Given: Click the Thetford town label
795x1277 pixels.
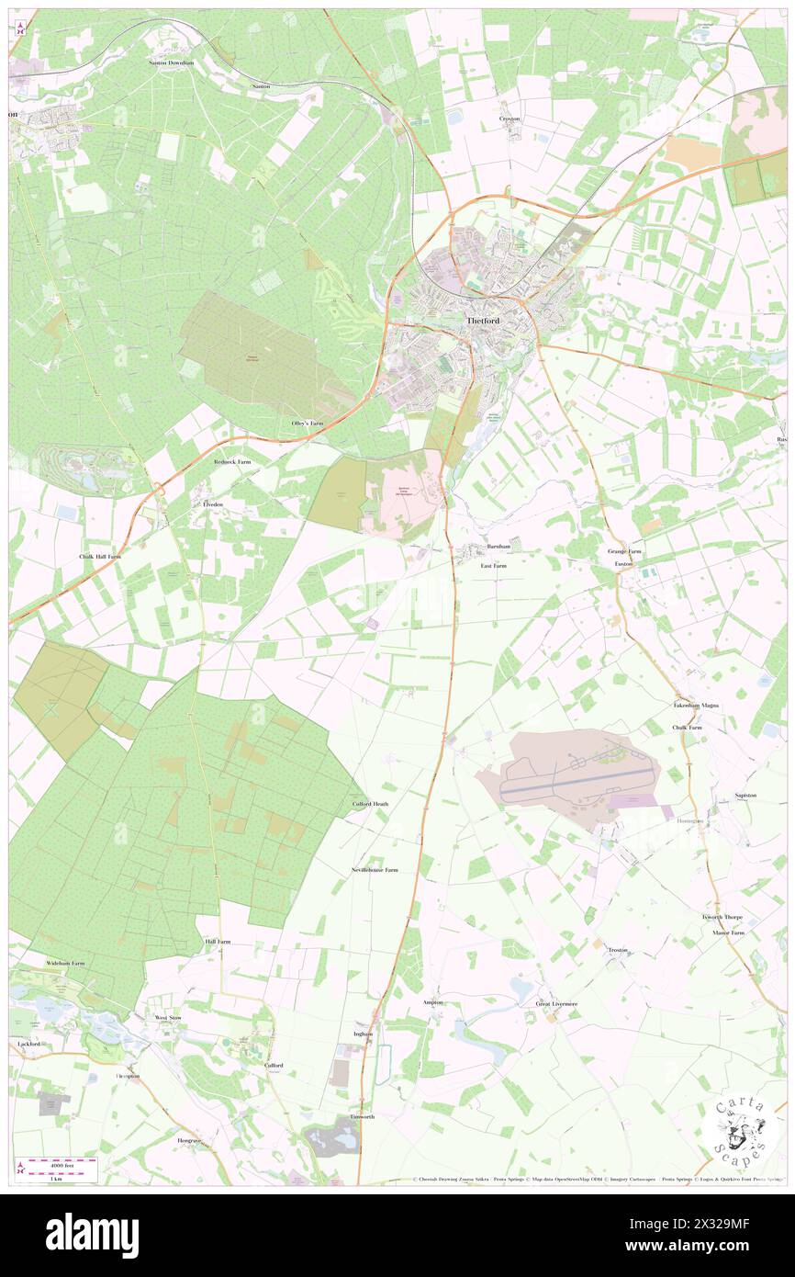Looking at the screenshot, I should [x=482, y=322].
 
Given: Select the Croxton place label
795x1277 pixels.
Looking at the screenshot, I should [x=509, y=119].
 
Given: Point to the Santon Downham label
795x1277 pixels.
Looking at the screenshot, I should [x=172, y=62].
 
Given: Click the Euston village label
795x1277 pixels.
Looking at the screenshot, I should [x=624, y=562].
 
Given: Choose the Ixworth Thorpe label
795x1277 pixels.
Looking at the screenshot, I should [x=722, y=917].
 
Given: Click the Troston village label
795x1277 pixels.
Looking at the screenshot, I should [x=617, y=950].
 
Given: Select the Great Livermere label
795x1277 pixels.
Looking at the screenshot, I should [x=557, y=1004].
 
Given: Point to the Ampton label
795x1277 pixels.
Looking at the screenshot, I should [x=432, y=1002].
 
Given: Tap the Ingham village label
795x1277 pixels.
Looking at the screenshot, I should [x=364, y=1034].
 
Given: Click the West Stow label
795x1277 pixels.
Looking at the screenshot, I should [x=168, y=1018].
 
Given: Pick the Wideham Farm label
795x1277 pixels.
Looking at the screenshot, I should [x=65, y=963].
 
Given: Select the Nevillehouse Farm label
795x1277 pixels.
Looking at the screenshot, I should [x=375, y=869].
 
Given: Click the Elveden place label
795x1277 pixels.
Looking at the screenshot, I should [x=213, y=505].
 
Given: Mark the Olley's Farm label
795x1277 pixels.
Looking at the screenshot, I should [x=308, y=423].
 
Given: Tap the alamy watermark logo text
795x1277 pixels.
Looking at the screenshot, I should [x=92, y=1236].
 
